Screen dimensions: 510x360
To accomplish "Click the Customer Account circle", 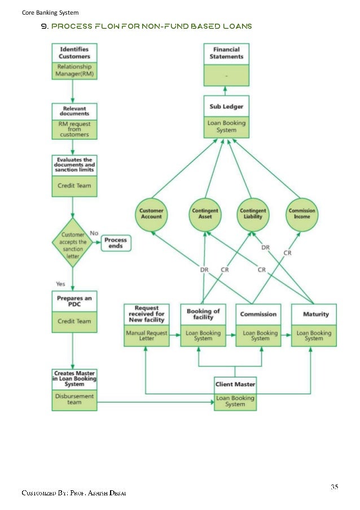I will pyautogui.click(x=151, y=213).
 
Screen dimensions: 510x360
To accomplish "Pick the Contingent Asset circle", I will pyautogui.click(x=205, y=213).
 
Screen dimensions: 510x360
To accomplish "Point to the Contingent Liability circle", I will pyautogui.click(x=253, y=213).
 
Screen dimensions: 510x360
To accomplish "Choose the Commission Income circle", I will pyautogui.click(x=302, y=213).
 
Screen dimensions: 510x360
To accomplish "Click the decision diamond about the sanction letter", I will pyautogui.click(x=74, y=245).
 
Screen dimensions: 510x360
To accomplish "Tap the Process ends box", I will pyautogui.click(x=116, y=243).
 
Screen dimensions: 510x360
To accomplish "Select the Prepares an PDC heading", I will pyautogui.click(x=74, y=300).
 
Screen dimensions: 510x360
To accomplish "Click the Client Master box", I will pyautogui.click(x=235, y=393).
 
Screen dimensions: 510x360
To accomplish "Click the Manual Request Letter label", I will pyautogui.click(x=146, y=336).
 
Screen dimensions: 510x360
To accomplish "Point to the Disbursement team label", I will pyautogui.click(x=74, y=399).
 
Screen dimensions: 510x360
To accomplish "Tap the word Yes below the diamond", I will pyautogui.click(x=60, y=283).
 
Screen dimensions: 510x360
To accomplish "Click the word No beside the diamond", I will pyautogui.click(x=94, y=233).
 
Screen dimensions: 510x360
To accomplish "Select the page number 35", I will pyautogui.click(x=335, y=486).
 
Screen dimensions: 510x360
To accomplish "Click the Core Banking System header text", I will pyautogui.click(x=50, y=12).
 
